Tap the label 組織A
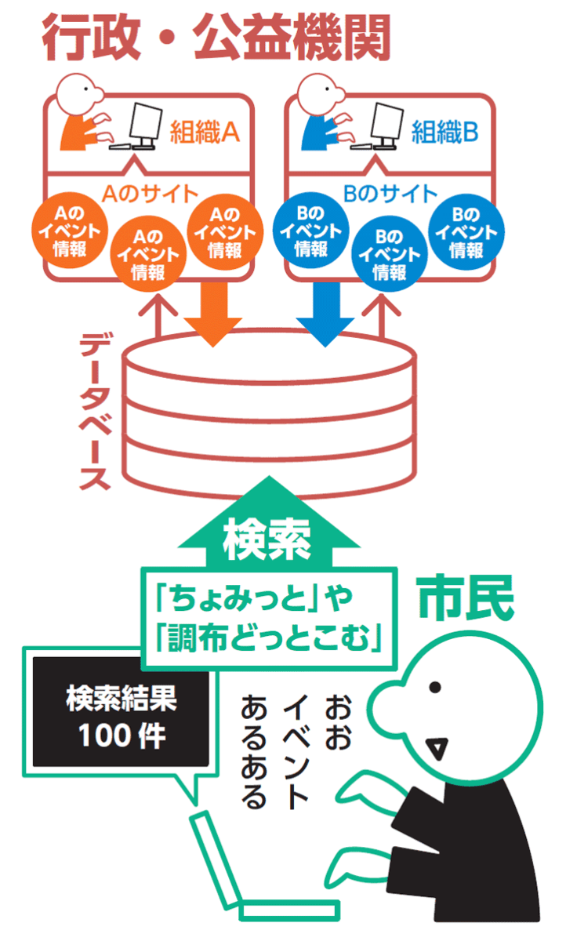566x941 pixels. point(204,133)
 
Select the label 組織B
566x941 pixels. point(444,133)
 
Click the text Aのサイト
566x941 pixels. point(151,192)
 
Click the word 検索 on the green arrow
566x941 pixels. point(267,540)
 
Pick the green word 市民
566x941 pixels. point(466,599)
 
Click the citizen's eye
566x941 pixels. point(434,687)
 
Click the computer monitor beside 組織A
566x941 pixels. point(144,122)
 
